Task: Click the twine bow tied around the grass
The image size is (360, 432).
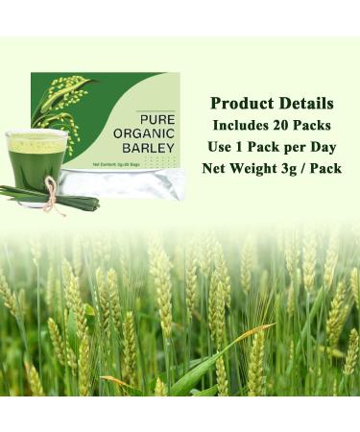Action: click(x=52, y=195)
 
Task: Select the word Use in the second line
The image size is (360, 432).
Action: click(x=223, y=147)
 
